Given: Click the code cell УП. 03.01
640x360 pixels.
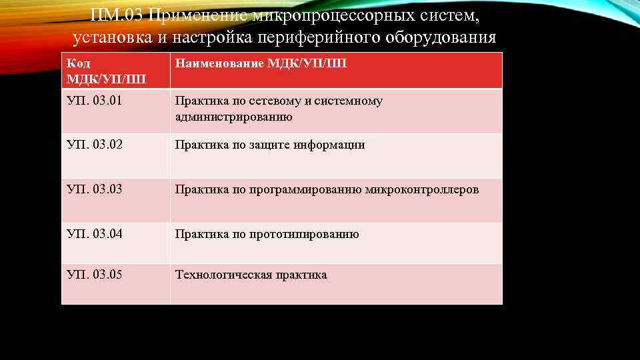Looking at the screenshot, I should coord(94,101).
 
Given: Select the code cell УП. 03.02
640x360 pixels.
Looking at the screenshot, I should coord(94,145).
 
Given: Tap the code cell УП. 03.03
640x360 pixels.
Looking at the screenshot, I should coord(94,190).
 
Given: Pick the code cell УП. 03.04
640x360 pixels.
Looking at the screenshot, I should coord(94,234).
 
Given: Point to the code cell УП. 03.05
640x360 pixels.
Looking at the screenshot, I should coord(94,275).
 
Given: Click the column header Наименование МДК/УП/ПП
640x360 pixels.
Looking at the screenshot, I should coord(261,64).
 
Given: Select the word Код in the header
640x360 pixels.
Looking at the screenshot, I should coord(79,64).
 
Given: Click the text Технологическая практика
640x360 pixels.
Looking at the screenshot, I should coord(251,275).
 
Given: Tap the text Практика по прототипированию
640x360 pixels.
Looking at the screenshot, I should coord(267,234).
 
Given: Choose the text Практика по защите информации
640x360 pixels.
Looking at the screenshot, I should coord(269,145).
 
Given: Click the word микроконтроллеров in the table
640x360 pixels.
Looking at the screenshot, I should coord(422,190).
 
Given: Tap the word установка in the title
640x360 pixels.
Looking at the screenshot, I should coord(112,37).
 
